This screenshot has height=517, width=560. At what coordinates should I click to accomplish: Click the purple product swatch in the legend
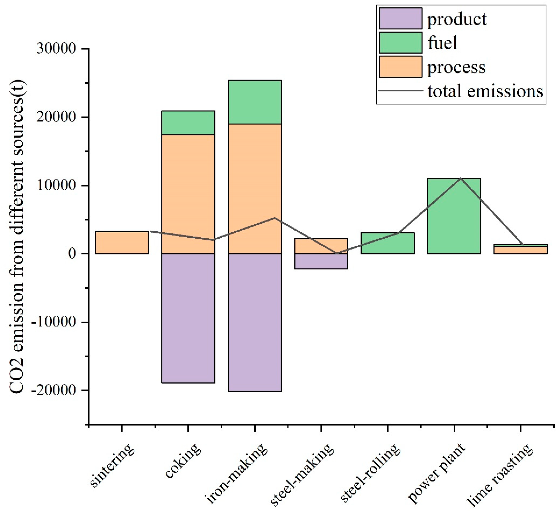coord(400,19)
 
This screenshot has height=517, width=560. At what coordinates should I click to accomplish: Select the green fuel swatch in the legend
coord(400,42)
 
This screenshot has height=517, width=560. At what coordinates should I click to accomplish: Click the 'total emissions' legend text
coord(485,91)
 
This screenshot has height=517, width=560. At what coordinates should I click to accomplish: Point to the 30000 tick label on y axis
coord(56,49)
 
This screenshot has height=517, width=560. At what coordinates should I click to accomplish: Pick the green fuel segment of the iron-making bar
coord(255,102)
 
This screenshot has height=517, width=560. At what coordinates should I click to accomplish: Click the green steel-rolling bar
coord(388,243)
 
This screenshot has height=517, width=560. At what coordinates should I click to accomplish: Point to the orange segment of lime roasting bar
coord(520,250)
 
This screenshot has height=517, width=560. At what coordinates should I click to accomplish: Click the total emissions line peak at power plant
coord(461,178)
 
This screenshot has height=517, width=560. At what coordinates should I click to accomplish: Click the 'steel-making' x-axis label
coord(303,475)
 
